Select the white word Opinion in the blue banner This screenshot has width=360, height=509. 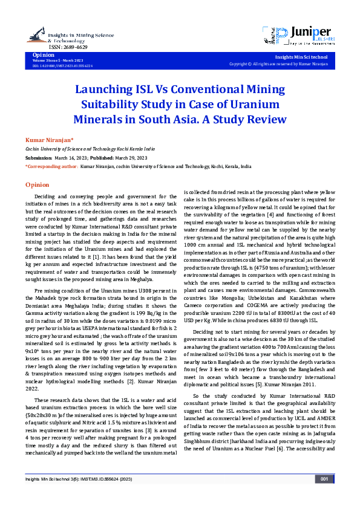point(43,54)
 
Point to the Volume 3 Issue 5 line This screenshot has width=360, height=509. point(54,60)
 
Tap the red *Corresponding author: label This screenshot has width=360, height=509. point(51,165)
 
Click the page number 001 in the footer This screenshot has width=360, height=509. point(324,496)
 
